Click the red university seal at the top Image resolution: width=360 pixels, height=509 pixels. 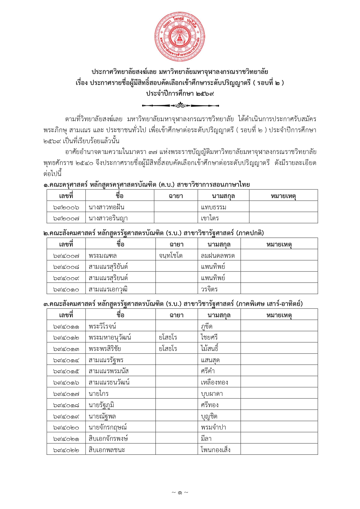[180, 37]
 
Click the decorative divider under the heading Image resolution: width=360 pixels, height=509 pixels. [180, 105]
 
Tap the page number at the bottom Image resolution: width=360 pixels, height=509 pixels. [180, 492]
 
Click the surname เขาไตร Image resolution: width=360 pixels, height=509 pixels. [210, 218]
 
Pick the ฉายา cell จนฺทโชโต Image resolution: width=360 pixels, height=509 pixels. [171, 256]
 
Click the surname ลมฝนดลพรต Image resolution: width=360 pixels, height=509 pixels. [218, 256]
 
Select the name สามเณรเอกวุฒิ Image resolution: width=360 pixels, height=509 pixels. [108, 289]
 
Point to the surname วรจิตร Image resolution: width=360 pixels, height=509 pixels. [209, 289]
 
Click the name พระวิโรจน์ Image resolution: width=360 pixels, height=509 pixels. [102, 326]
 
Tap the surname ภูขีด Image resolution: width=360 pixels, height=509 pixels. [207, 326]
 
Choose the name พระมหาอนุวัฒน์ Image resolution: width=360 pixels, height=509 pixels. [110, 337]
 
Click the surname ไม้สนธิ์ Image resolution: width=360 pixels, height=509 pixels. [209, 349]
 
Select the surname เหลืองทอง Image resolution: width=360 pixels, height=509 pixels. [214, 382]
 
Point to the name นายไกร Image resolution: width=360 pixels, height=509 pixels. [99, 394]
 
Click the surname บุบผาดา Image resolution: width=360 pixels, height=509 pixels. [212, 394]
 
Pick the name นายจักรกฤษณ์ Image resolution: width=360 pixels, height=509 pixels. [108, 427]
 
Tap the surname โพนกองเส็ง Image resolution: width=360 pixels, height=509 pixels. [216, 450]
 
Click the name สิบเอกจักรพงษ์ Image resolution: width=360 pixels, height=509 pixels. [108, 439]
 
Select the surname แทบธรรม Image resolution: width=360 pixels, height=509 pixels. [214, 207]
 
